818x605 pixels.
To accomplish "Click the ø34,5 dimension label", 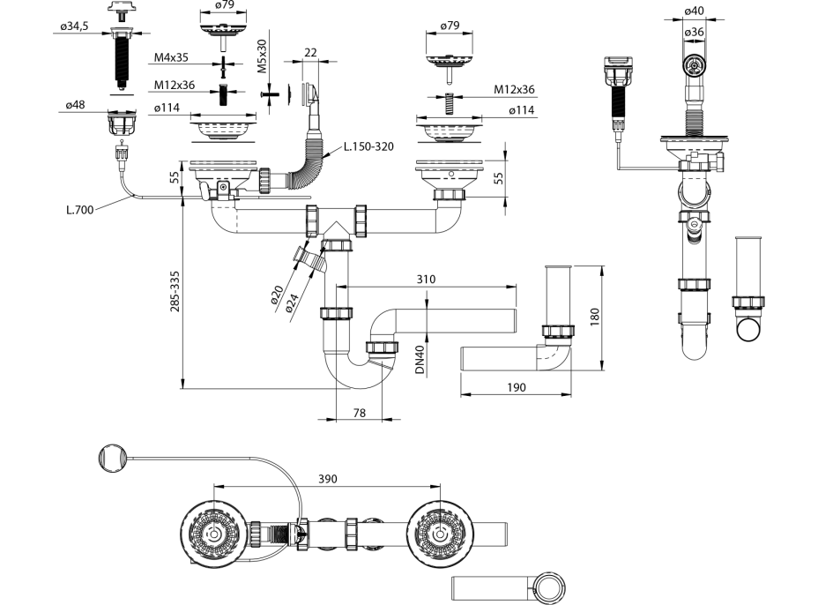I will pyautogui.click(x=76, y=27).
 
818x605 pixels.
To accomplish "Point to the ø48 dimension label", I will pyautogui.click(x=75, y=106).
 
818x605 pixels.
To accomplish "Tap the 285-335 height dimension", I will pyautogui.click(x=175, y=292).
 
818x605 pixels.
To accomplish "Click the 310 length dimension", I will pyautogui.click(x=427, y=279).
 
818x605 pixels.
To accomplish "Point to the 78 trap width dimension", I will pyautogui.click(x=360, y=412).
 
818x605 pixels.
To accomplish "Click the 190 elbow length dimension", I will pyautogui.click(x=517, y=387).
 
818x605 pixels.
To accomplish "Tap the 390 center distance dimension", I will pyautogui.click(x=327, y=479).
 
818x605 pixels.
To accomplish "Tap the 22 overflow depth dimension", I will pyautogui.click(x=309, y=53).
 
